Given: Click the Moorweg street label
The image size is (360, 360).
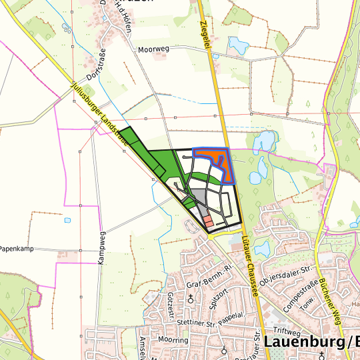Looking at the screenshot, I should [x=153, y=49].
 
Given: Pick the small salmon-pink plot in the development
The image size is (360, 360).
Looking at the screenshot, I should [x=207, y=221].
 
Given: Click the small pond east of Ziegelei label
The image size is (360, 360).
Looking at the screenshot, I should [x=237, y=45].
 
